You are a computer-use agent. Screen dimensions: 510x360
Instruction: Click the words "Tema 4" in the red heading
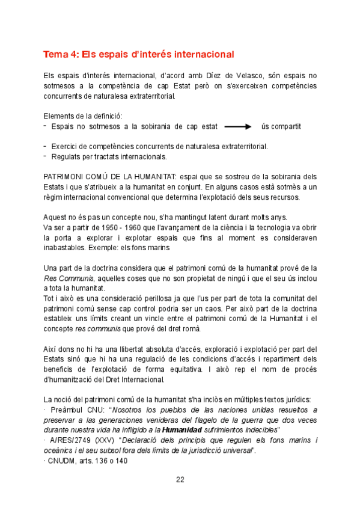pos(59,55)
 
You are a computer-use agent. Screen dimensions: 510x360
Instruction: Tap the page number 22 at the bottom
pos(180,479)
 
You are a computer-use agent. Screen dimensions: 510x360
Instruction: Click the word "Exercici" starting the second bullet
pos(66,146)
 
